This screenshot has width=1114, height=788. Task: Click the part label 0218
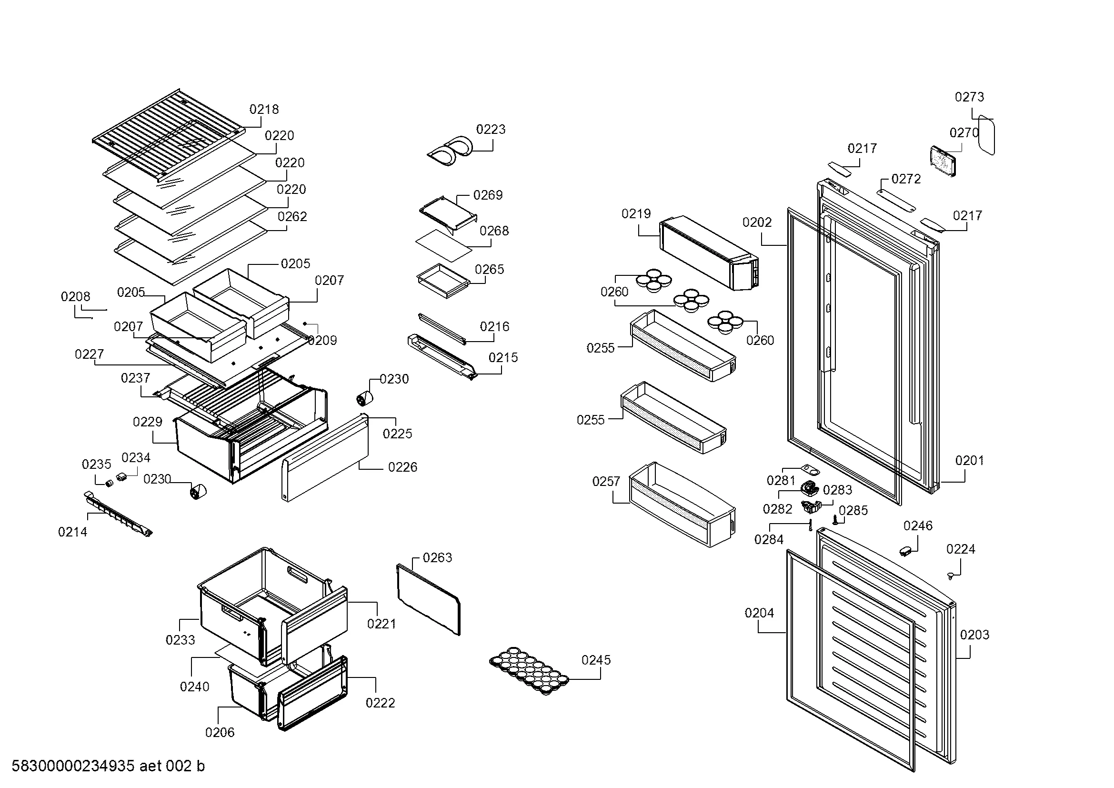click(264, 110)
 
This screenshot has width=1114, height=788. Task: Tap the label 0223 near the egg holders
click(491, 130)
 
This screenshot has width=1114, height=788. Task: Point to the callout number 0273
click(969, 97)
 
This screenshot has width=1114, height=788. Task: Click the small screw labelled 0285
click(835, 521)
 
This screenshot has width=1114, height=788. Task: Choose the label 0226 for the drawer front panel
click(402, 467)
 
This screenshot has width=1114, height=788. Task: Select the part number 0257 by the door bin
click(606, 482)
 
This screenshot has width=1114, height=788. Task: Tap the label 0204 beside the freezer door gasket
click(759, 613)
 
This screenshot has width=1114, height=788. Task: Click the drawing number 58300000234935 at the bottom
click(73, 766)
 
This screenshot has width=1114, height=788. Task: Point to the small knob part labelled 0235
click(110, 483)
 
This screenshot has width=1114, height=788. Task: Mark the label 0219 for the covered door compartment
click(636, 214)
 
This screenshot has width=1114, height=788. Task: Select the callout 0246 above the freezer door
click(917, 526)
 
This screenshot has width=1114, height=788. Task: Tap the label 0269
click(488, 195)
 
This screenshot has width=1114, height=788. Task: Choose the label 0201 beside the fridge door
click(969, 461)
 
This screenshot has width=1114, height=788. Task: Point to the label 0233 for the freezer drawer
click(180, 640)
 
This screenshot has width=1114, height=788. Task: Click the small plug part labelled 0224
click(951, 576)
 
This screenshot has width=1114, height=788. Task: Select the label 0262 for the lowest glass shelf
click(292, 216)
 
